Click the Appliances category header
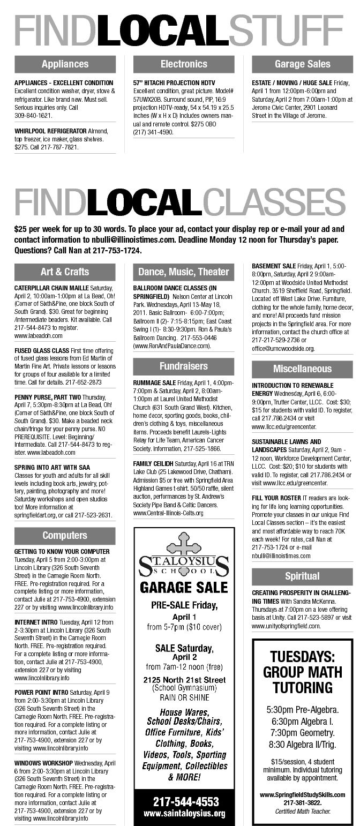click(x=65, y=64)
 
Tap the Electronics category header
click(x=184, y=64)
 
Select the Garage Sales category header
click(x=302, y=64)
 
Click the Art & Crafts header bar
click(x=65, y=272)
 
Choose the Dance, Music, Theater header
click(x=184, y=272)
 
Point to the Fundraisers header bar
click(x=184, y=366)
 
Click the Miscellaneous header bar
click(x=302, y=369)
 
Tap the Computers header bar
click(x=65, y=535)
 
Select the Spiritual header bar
click(x=302, y=576)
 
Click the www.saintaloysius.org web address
click(x=184, y=813)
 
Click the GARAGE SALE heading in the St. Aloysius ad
click(x=184, y=588)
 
